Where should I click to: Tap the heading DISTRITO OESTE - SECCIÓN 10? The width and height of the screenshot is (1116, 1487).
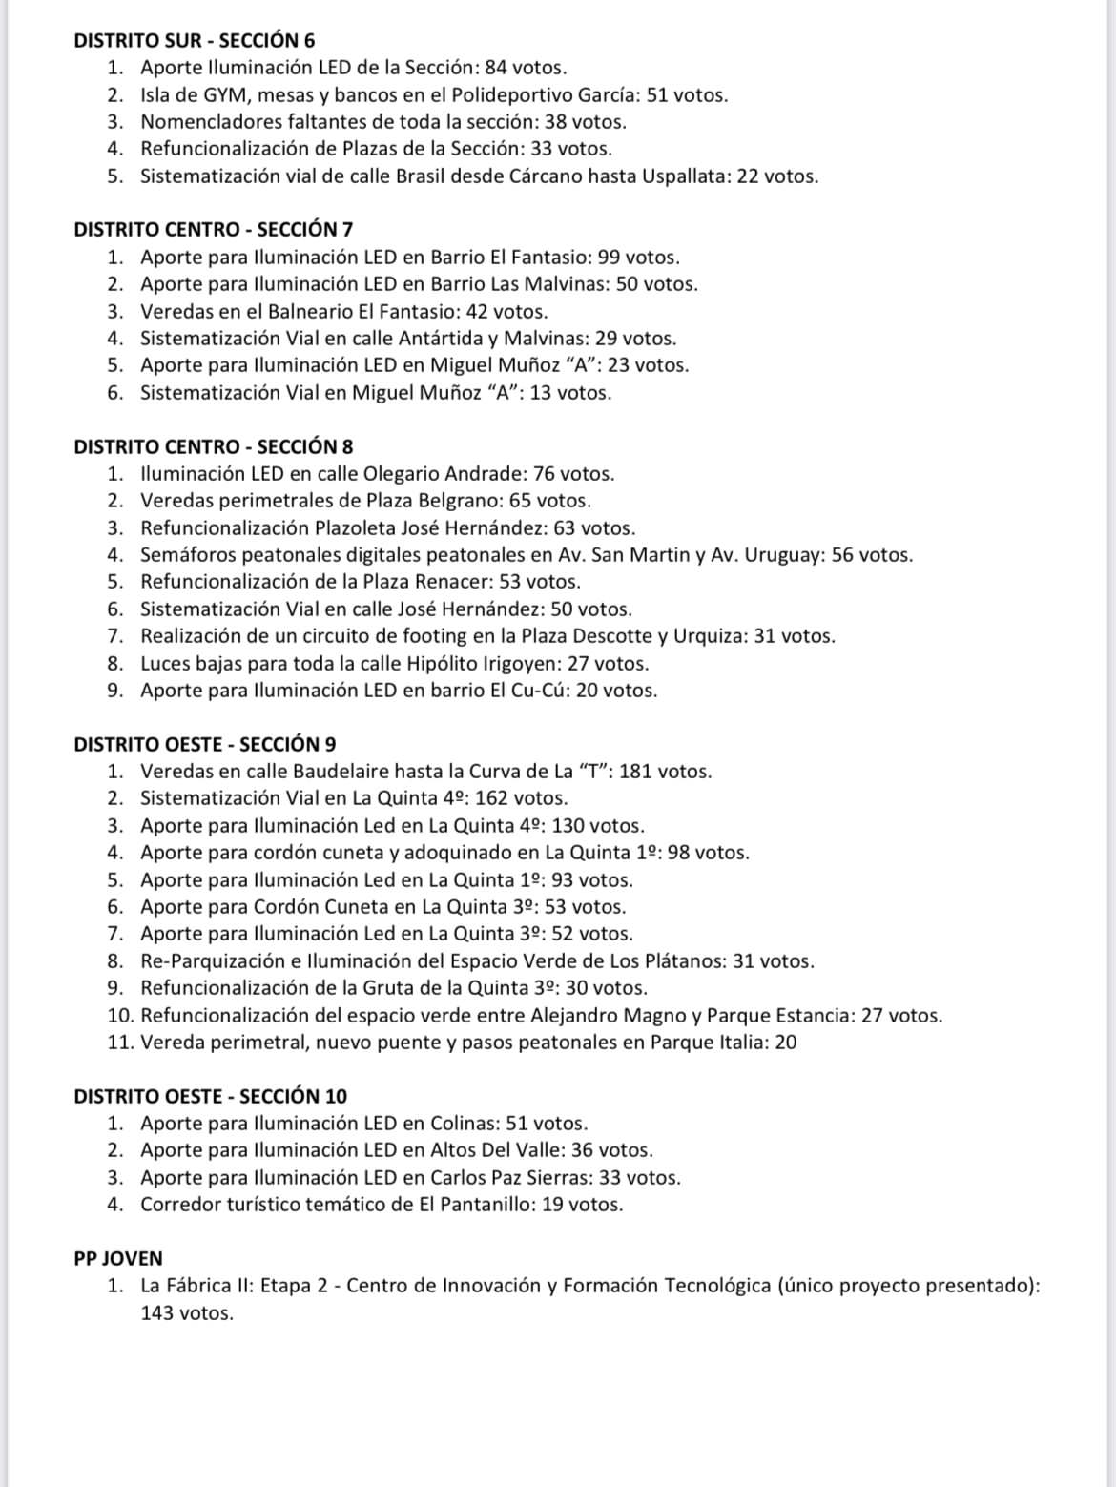click(x=210, y=1096)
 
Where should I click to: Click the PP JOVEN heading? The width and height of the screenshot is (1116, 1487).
click(x=118, y=1258)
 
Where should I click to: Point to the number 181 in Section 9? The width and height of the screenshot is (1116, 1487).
click(x=635, y=772)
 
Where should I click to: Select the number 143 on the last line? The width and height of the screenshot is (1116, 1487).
click(x=157, y=1313)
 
